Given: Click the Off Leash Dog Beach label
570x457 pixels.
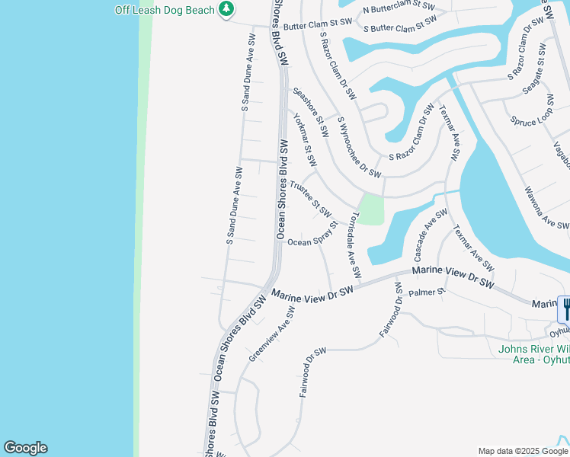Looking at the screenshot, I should [164, 10].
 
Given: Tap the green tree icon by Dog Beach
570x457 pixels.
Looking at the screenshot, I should [226, 9].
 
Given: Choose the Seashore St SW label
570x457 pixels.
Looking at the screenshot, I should [311, 113].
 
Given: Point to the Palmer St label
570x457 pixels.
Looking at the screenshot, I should [426, 292].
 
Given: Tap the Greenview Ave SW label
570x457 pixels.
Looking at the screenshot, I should [271, 340].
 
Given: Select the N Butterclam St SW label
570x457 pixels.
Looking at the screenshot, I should [399, 9].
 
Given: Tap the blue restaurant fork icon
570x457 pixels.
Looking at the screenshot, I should [565, 308].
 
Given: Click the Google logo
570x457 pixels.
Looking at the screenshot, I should [25, 448].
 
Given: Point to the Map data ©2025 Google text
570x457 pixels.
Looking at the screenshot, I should [522, 451].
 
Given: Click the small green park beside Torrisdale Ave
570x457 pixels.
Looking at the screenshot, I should [370, 209].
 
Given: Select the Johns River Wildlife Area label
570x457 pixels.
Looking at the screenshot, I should [533, 354].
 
